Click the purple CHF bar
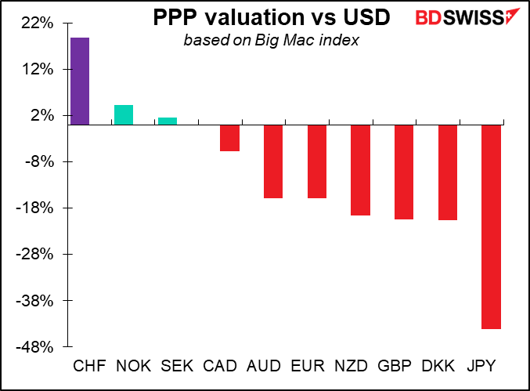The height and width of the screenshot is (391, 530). coord(80,81)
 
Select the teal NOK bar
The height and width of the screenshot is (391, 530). coord(124,115)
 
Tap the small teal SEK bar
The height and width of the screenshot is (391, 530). coord(168,121)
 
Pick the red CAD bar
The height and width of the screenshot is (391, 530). coord(229,138)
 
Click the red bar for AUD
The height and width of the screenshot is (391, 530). coord(273,161)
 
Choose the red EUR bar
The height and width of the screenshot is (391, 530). coord(317,161)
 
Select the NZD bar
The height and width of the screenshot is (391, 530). coord(360,170)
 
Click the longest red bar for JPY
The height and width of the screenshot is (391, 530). coord(491,227)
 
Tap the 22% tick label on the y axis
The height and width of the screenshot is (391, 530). coord(37,24)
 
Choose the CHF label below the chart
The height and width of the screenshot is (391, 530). coord(89,367)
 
